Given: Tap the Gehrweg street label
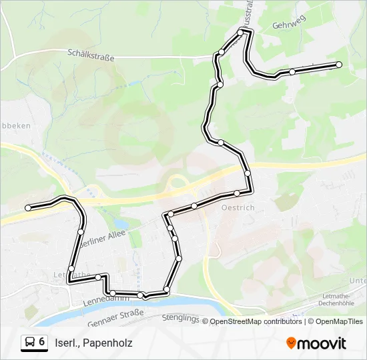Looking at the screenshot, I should point(288,25).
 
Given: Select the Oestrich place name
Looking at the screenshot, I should point(237,207).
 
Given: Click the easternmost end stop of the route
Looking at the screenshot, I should point(339,65).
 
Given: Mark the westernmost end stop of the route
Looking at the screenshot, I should point(28,208).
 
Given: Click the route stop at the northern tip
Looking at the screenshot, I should point(241,32).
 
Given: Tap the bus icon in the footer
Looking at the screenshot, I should point(30,343).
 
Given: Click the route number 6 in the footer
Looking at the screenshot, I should point(41,342).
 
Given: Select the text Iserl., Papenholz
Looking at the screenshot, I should point(94,343).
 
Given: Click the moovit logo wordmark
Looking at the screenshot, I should point(322,343).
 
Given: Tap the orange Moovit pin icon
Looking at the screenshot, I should point(291,343).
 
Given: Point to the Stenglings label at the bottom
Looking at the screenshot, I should point(180,319).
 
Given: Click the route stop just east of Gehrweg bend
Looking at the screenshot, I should point(292,71).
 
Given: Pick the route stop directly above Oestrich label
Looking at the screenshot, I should point(237,193).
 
